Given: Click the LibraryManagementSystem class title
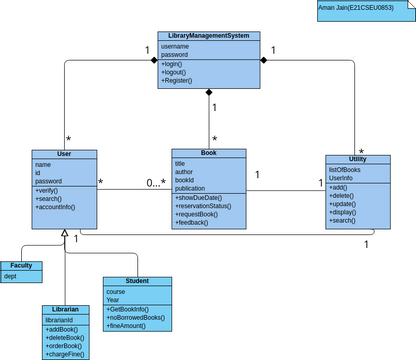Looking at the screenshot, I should click(x=210, y=36).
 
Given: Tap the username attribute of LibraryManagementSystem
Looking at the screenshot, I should click(x=174, y=46).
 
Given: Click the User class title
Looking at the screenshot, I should click(x=64, y=153).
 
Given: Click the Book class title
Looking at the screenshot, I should click(x=208, y=153).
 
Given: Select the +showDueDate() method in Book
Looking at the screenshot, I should click(x=198, y=198).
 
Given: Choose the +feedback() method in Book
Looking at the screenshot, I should click(x=192, y=222).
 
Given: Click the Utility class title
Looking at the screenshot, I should click(x=357, y=159).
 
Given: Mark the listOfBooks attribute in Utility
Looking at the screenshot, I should click(x=345, y=169).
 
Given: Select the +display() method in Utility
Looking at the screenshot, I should click(x=342, y=212).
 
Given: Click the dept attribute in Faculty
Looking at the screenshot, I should click(x=10, y=275).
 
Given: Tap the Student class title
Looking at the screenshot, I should click(x=137, y=281).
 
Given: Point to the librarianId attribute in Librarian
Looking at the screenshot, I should click(x=62, y=319).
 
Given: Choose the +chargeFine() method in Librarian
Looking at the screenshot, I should click(x=65, y=353).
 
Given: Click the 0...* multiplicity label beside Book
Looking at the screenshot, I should click(x=155, y=183).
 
